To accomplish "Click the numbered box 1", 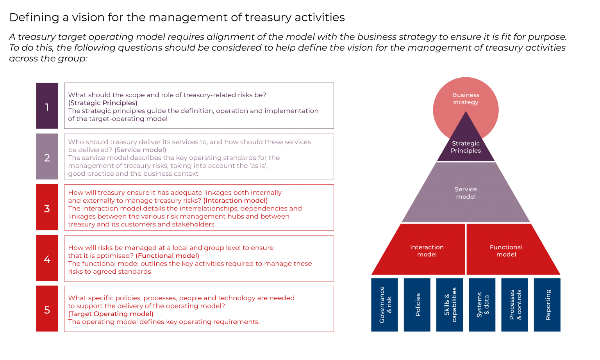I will (x=47, y=106).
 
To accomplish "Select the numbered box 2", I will (x=47, y=157).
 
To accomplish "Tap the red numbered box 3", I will (x=47, y=207).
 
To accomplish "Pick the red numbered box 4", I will (x=47, y=258).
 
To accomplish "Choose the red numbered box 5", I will (x=47, y=309).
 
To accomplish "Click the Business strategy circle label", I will (x=466, y=98).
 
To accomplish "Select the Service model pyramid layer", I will (x=466, y=193).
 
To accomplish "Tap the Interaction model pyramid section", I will (x=427, y=251).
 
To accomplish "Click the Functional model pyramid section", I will (x=506, y=251).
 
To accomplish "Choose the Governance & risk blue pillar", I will (x=384, y=305).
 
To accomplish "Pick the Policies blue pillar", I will (x=417, y=305).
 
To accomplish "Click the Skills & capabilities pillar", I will (x=450, y=305).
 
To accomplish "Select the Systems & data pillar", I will (x=482, y=305).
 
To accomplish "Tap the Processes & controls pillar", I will (x=514, y=305).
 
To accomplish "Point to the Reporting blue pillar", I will (x=547, y=305).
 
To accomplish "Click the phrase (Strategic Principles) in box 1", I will (x=103, y=103).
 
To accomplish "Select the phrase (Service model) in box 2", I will (x=140, y=150).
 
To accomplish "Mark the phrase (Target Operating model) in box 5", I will (x=111, y=314).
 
